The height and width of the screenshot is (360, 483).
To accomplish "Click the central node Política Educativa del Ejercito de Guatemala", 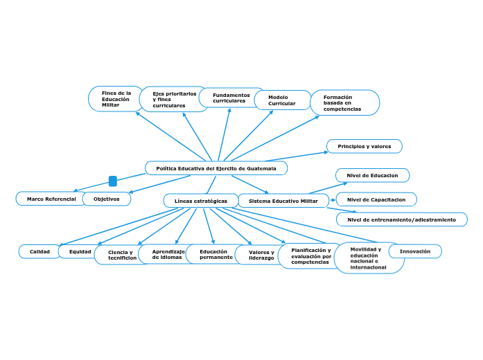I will coord(216,168).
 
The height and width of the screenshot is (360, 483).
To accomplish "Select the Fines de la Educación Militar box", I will coord(115,99).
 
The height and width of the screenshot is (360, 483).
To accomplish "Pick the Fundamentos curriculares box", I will coord(231,98).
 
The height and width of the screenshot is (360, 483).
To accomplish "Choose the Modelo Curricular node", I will coord(281,100).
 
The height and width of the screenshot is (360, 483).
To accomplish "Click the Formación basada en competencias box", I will coord(344,103).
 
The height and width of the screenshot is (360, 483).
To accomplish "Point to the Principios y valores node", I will coord(364,146).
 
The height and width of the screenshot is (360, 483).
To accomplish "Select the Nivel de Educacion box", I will coord(372,175).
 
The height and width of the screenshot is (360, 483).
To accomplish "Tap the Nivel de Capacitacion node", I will coord(376,199).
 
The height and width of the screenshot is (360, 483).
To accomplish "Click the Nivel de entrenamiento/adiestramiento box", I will coord(401,219).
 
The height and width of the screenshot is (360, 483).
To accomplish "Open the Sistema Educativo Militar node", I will coord(283,201).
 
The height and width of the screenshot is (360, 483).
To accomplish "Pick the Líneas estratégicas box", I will coord(200,201).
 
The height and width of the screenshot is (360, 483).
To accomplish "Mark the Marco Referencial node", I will coord(51,199).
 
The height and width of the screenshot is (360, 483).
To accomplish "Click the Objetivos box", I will coord(107,199).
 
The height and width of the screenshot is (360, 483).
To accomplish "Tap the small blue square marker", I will coord(113,181).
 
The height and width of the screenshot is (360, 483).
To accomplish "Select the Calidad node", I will coord(39,251).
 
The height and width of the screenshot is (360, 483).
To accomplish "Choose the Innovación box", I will coord(414,251).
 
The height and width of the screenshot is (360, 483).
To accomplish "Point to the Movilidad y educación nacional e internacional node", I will coord(369,258).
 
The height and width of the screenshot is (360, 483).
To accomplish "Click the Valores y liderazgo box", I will coord(261,255).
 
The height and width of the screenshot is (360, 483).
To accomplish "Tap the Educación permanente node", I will coord(216,254).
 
